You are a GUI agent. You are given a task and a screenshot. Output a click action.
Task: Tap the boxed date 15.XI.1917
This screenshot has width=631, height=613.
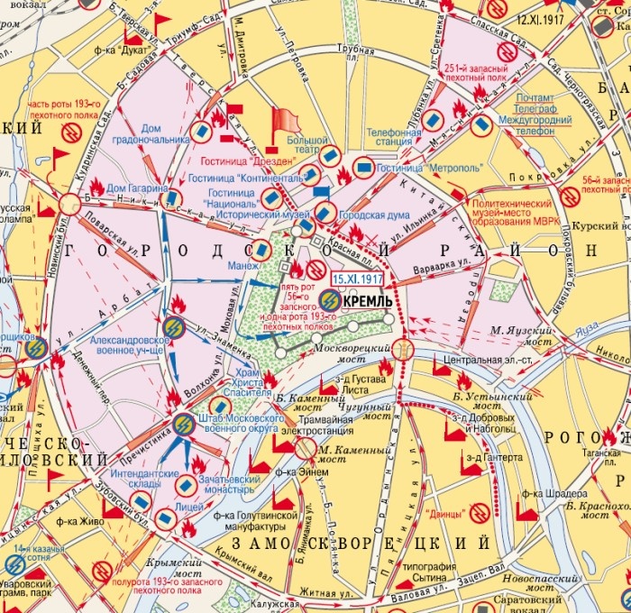[x=353, y=279]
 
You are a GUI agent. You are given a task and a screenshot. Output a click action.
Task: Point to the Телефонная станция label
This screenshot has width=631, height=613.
[x=394, y=138]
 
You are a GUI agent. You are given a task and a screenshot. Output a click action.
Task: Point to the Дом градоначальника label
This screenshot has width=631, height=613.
[x=151, y=134]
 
